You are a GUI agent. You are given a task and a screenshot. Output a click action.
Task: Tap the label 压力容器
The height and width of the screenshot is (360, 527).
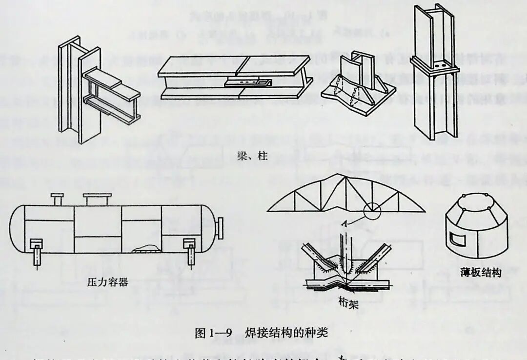click(x=107, y=281)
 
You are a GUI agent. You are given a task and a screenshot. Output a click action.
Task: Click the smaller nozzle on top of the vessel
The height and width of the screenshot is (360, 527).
click(x=57, y=199)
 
